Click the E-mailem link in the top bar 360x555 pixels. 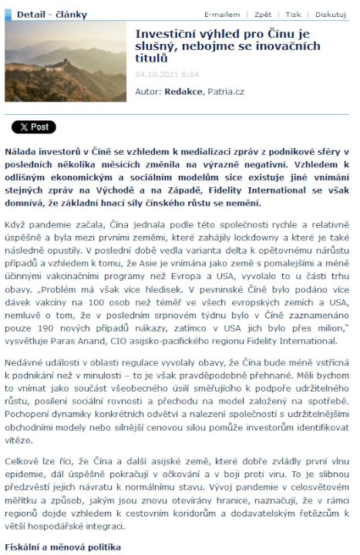pyautogui.click(x=221, y=15)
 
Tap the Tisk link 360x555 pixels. pyautogui.click(x=294, y=15)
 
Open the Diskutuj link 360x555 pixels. pyautogui.click(x=330, y=15)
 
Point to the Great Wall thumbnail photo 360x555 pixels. pyautogui.click(x=65, y=61)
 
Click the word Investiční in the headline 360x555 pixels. pyautogui.click(x=166, y=33)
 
